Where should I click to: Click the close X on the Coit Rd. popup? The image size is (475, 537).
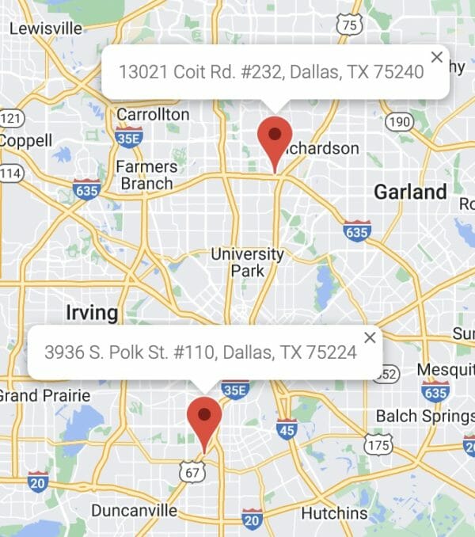(437, 56)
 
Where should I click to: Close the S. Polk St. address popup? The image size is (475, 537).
(370, 337)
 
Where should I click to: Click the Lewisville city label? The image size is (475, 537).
(45, 29)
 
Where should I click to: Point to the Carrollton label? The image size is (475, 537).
(153, 115)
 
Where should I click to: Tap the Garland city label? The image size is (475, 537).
(410, 192)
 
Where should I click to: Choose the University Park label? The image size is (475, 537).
(247, 262)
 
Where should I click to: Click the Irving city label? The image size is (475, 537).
(92, 312)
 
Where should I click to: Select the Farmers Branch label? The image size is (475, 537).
(146, 175)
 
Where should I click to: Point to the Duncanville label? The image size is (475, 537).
(134, 510)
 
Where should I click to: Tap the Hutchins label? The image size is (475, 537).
(335, 513)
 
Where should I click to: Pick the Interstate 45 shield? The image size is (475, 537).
(287, 429)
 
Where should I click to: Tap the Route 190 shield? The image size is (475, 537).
(400, 121)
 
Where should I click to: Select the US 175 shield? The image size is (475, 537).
(378, 446)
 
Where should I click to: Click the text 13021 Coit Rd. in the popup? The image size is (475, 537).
(177, 71)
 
